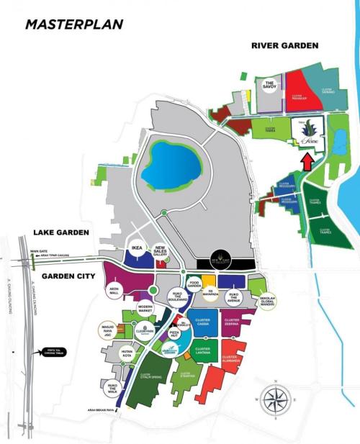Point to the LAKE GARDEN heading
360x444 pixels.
60,232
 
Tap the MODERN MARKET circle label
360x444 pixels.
146,307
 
